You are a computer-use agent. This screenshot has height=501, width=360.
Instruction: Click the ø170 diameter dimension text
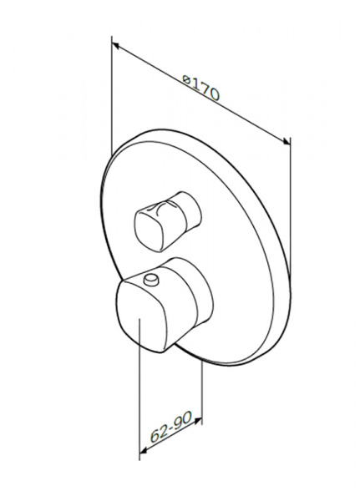[x=200, y=88]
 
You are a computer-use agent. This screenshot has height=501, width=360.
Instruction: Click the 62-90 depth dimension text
[x=171, y=426]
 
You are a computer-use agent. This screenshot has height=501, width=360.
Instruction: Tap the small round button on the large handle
[x=151, y=279]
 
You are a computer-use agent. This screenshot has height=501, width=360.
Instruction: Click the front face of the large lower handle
[x=140, y=316]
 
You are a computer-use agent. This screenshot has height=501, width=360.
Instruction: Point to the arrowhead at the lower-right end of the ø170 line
[x=286, y=141]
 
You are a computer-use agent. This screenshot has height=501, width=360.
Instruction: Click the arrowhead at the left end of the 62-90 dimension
[x=144, y=451]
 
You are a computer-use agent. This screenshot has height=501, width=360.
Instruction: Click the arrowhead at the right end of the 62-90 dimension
[x=198, y=421]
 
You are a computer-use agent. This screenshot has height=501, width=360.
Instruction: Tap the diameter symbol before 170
[x=186, y=78]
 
